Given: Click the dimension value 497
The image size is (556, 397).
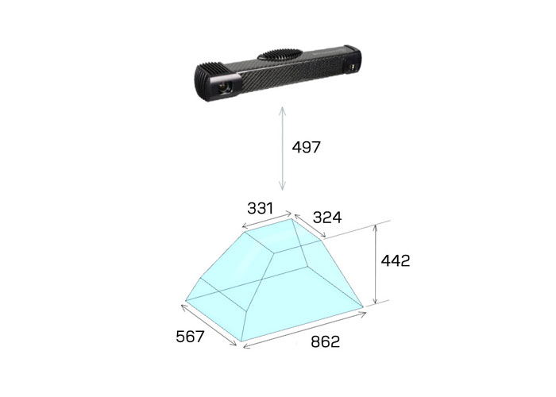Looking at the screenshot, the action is coord(306,147).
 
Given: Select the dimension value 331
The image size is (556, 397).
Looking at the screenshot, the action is coord(261,208).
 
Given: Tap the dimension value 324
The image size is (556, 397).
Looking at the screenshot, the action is coord(327,218).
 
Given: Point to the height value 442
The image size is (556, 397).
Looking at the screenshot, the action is coord(396,261).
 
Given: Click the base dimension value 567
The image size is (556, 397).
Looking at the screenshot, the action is coord(190,337).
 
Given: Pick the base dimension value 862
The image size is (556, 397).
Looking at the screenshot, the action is coord(325,341).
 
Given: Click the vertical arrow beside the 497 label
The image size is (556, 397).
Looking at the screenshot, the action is coord(282,148).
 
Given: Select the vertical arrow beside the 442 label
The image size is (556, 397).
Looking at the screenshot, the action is coord(376,264).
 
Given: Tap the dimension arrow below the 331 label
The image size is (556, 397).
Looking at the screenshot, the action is coord(267,220).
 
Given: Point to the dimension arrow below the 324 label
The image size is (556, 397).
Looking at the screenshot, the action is coord(310,225).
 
